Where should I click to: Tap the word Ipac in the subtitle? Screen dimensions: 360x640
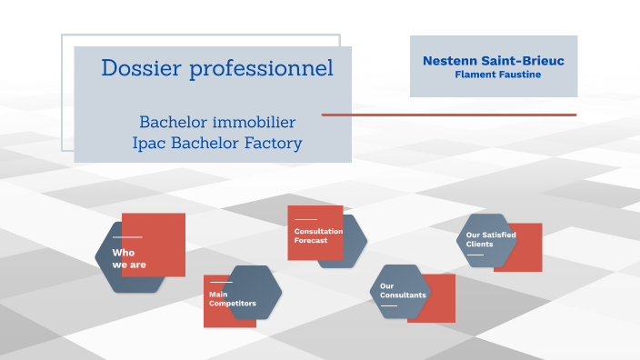[150, 143]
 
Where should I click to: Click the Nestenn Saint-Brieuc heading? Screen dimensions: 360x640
[493, 61]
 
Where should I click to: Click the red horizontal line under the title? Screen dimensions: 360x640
[449, 115]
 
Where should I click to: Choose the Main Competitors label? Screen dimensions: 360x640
[232, 299]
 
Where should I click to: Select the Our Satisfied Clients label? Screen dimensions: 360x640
[490, 240]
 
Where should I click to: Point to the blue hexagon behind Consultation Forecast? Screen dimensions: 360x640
[355, 245]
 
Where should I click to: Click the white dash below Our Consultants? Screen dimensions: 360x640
[388, 305]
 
